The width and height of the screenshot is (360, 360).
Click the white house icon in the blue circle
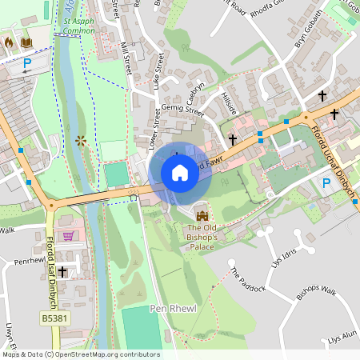[180, 172]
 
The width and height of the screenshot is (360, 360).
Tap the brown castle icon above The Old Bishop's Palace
[200, 214]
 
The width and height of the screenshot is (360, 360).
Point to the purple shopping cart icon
[68, 236]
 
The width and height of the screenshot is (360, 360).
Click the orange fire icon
[9, 41]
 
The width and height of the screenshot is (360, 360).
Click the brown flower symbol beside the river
[80, 140]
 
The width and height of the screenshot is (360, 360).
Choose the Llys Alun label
[342, 339]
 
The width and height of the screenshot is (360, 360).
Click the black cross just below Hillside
[233, 139]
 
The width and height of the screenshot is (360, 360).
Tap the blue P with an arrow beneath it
[27, 64]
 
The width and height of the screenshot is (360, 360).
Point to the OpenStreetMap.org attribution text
[80, 354]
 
